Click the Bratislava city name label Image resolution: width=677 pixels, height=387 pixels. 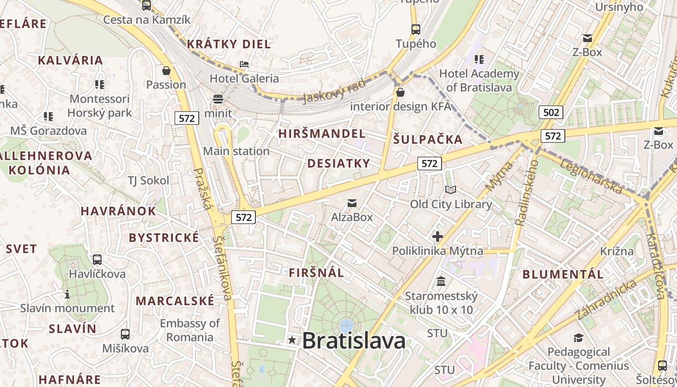click(354, 341)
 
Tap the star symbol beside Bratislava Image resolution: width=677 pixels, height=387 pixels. click(292, 340)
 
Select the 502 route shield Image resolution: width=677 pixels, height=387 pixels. click(551, 113)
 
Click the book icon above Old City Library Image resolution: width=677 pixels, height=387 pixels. click(451, 190)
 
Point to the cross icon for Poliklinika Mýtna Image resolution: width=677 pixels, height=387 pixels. click(438, 237)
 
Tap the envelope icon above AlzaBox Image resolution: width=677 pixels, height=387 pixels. click(352, 203)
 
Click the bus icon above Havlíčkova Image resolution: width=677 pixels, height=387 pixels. click(97, 260)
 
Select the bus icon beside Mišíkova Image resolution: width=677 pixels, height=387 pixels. click(125, 334)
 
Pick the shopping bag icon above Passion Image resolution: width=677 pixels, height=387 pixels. click(166, 71)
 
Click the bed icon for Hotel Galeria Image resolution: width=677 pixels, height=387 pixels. click(244, 64)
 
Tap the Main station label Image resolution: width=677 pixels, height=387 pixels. click(236, 151)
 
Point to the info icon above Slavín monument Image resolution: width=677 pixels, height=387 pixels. click(67, 294)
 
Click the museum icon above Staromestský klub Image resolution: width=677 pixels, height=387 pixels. click(441, 281)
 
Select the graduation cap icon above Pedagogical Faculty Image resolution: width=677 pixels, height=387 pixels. click(578, 338)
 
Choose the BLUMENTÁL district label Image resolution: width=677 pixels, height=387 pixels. click(563, 274)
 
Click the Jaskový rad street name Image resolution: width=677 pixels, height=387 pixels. click(334, 90)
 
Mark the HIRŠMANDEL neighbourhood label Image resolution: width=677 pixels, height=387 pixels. click(322, 134)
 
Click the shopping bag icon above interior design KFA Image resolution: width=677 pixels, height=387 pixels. click(400, 92)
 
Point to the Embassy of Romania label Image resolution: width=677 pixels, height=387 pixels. click(190, 330)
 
